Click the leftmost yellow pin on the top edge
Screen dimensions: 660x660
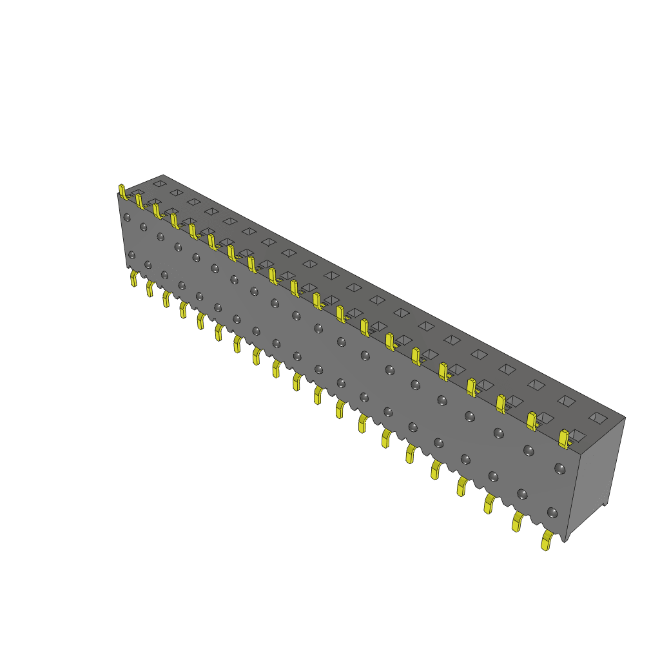tap(122, 191)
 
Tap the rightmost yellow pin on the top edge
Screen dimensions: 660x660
tap(564, 439)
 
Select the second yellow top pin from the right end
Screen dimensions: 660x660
tap(532, 421)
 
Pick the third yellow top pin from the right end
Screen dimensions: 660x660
tap(501, 403)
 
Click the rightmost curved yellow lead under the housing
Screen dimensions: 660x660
tap(547, 541)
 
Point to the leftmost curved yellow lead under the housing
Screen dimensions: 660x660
tap(134, 278)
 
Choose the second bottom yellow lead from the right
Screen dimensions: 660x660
tap(518, 521)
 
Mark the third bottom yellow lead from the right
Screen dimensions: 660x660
tap(489, 503)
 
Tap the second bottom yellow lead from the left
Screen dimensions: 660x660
tap(150, 288)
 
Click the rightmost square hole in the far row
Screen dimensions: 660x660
tap(598, 418)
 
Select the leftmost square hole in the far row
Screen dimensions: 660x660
tap(159, 184)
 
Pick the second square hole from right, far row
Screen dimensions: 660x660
tap(567, 401)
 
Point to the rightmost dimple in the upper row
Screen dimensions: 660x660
tap(559, 469)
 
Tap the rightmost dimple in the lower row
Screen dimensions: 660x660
tap(552, 512)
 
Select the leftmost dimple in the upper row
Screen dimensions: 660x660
tap(127, 217)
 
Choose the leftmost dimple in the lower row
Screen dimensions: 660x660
tap(131, 255)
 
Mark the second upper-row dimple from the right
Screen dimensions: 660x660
tap(529, 451)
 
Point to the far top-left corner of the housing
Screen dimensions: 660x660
tap(163, 175)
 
